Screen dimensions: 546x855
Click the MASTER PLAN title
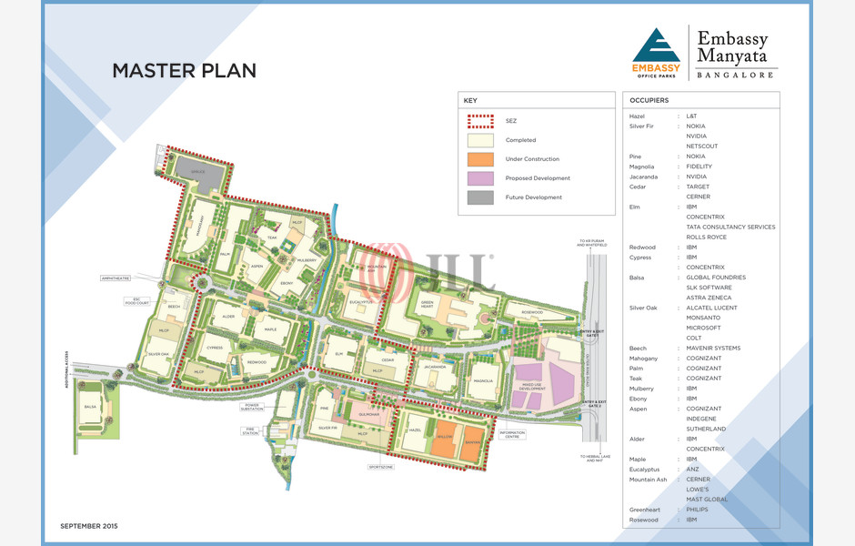coord(184,71)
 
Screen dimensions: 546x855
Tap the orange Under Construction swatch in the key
coord(480,159)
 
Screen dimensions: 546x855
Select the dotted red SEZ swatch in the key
coord(480,121)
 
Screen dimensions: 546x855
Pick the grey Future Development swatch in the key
coord(480,197)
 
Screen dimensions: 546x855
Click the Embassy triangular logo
coord(656,51)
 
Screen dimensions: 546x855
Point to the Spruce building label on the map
coord(197,171)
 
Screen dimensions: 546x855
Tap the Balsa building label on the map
coord(90,407)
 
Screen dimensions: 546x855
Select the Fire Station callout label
coord(251,431)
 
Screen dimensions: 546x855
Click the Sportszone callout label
coord(381,467)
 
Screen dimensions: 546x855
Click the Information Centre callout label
coord(512,434)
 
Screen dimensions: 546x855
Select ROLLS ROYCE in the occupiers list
coord(706,238)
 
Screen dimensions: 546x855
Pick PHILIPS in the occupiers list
coord(698,510)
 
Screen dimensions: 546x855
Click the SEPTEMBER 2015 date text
coord(89,526)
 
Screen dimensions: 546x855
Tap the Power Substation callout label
coord(252,407)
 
